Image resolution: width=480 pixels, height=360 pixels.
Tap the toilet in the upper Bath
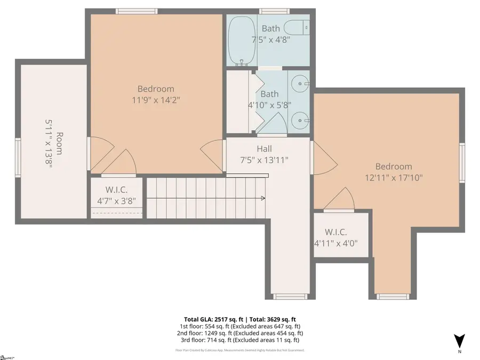coord(297,27)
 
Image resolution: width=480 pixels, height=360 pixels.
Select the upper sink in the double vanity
coord(301,84)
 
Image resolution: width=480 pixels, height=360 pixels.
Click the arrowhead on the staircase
coord(263,198)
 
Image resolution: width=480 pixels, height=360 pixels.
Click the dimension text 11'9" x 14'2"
coord(156,100)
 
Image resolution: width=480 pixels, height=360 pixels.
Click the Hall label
coord(264,149)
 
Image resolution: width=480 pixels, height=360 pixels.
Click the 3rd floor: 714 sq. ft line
coord(239,340)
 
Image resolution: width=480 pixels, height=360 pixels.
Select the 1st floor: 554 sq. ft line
coord(239,326)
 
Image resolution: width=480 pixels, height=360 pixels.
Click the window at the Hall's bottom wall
coord(291,297)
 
